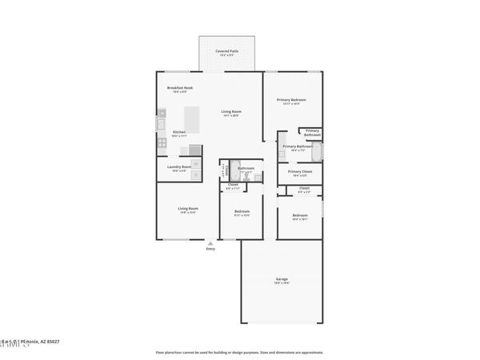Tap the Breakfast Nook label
(x=178, y=87)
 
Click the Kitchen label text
(x=180, y=132)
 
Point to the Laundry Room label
(x=178, y=167)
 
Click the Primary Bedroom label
(x=292, y=100)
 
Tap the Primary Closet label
(x=300, y=171)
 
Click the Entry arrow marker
(x=210, y=242)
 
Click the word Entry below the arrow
(x=210, y=250)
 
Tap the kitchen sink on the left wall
(x=160, y=123)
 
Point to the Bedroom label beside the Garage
(x=300, y=215)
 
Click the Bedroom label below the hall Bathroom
(x=241, y=212)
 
